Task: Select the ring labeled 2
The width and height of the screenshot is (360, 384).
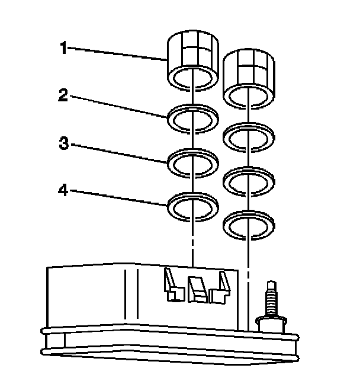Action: click(x=193, y=118)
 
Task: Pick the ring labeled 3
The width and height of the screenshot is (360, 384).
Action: click(x=193, y=162)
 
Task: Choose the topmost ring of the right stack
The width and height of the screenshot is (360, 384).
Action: click(x=249, y=136)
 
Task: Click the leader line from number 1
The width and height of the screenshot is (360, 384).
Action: click(x=118, y=53)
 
